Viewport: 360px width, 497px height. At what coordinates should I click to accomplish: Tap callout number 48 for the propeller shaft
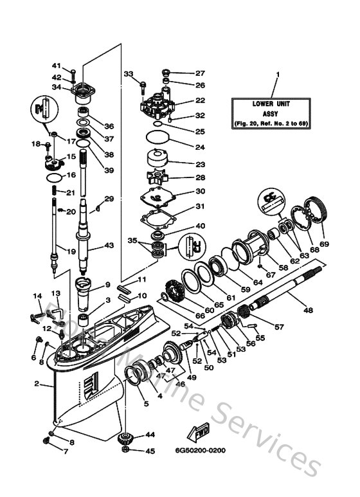pyautogui.click(x=308, y=310)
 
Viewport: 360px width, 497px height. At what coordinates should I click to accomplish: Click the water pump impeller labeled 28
pyautogui.click(x=156, y=178)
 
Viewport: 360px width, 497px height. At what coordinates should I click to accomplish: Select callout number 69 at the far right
pyautogui.click(x=324, y=244)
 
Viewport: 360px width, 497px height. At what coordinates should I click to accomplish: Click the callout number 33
pyautogui.click(x=128, y=73)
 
